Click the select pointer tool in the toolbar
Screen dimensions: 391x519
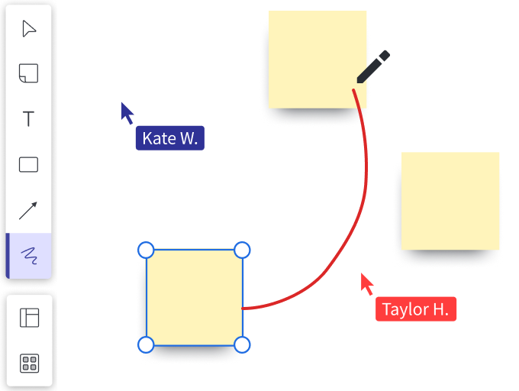(x=29, y=29)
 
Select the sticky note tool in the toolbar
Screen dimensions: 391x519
(x=29, y=73)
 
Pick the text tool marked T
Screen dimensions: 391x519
(x=29, y=119)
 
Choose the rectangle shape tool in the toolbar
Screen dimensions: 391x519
(x=29, y=165)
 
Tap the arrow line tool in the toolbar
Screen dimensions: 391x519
(x=29, y=210)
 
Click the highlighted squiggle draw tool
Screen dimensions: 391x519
(x=29, y=255)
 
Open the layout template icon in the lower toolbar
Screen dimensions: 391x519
(x=29, y=318)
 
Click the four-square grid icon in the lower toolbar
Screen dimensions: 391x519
(x=29, y=364)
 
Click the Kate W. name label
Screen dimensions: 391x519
(x=169, y=138)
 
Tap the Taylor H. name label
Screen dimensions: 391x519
(x=416, y=309)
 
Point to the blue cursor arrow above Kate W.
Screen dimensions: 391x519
(x=127, y=112)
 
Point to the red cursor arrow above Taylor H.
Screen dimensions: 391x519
(x=368, y=283)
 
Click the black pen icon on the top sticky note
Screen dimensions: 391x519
(x=373, y=66)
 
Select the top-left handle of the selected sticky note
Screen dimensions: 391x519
(x=146, y=250)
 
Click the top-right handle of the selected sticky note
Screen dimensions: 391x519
(x=241, y=250)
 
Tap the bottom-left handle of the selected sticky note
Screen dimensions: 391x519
(x=146, y=345)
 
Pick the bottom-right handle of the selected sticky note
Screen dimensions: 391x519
(x=241, y=345)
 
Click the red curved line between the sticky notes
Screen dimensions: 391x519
(x=356, y=228)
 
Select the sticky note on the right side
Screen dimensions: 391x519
(x=450, y=201)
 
